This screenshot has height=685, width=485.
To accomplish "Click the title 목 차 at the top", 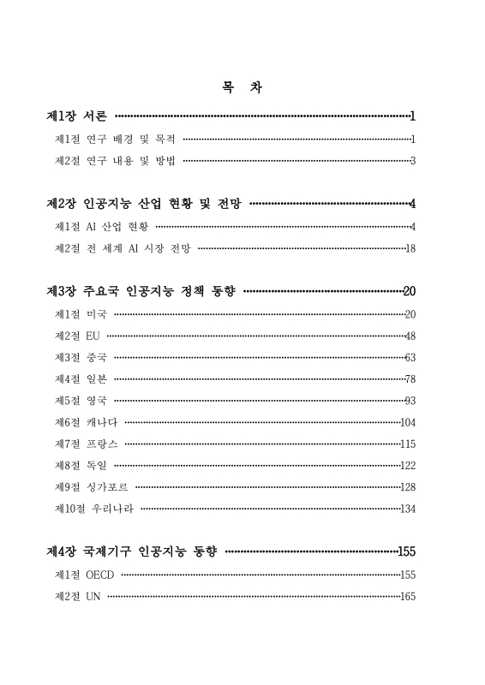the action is pos(242,87).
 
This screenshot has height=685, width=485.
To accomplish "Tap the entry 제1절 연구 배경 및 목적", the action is pos(115,138).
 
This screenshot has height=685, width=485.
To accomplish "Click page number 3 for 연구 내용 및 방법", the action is pos(413,160).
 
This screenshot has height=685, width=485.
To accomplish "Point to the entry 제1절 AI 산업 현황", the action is pos(101,226).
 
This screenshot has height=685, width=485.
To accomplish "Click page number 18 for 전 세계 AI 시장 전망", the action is pos(410,248).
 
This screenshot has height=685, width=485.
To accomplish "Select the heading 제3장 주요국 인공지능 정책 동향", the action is pos(141,292).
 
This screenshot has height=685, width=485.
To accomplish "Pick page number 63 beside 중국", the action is pos(410,358).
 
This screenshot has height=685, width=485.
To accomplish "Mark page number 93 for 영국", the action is pos(410,400).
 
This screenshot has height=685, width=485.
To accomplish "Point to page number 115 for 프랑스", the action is pos(408,444).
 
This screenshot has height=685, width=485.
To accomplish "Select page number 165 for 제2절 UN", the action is pos(408,597).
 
